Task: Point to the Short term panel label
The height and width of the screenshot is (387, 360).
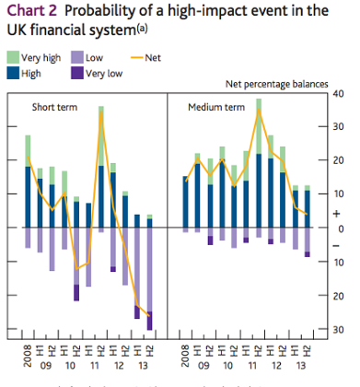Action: [54, 108]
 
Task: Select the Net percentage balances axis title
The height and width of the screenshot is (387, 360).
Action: [277, 84]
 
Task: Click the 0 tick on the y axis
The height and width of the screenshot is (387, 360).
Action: [339, 228]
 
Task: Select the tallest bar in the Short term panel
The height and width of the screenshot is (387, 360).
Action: [101, 166]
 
